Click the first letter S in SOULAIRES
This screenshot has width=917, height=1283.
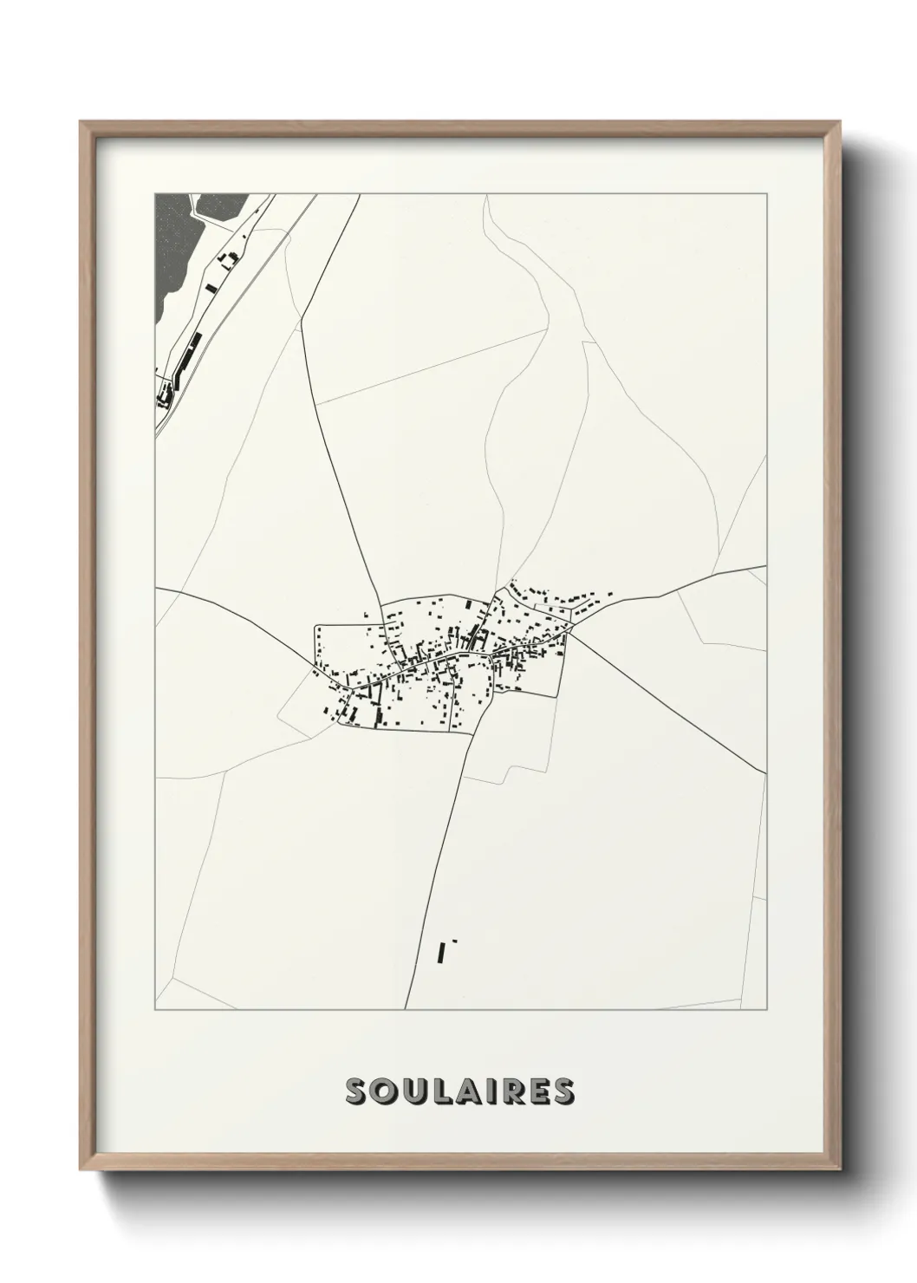click(357, 1092)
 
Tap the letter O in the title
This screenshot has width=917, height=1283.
click(385, 1092)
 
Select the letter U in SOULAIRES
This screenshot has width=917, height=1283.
click(413, 1092)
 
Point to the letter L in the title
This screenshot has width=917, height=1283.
click(440, 1092)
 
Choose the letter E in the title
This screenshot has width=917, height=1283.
click(537, 1092)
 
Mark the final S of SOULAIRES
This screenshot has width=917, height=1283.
click(562, 1092)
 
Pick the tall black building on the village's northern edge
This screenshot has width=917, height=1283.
click(469, 604)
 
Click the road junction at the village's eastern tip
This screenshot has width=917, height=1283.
click(569, 633)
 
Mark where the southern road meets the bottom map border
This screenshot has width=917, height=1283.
click(406, 1009)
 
